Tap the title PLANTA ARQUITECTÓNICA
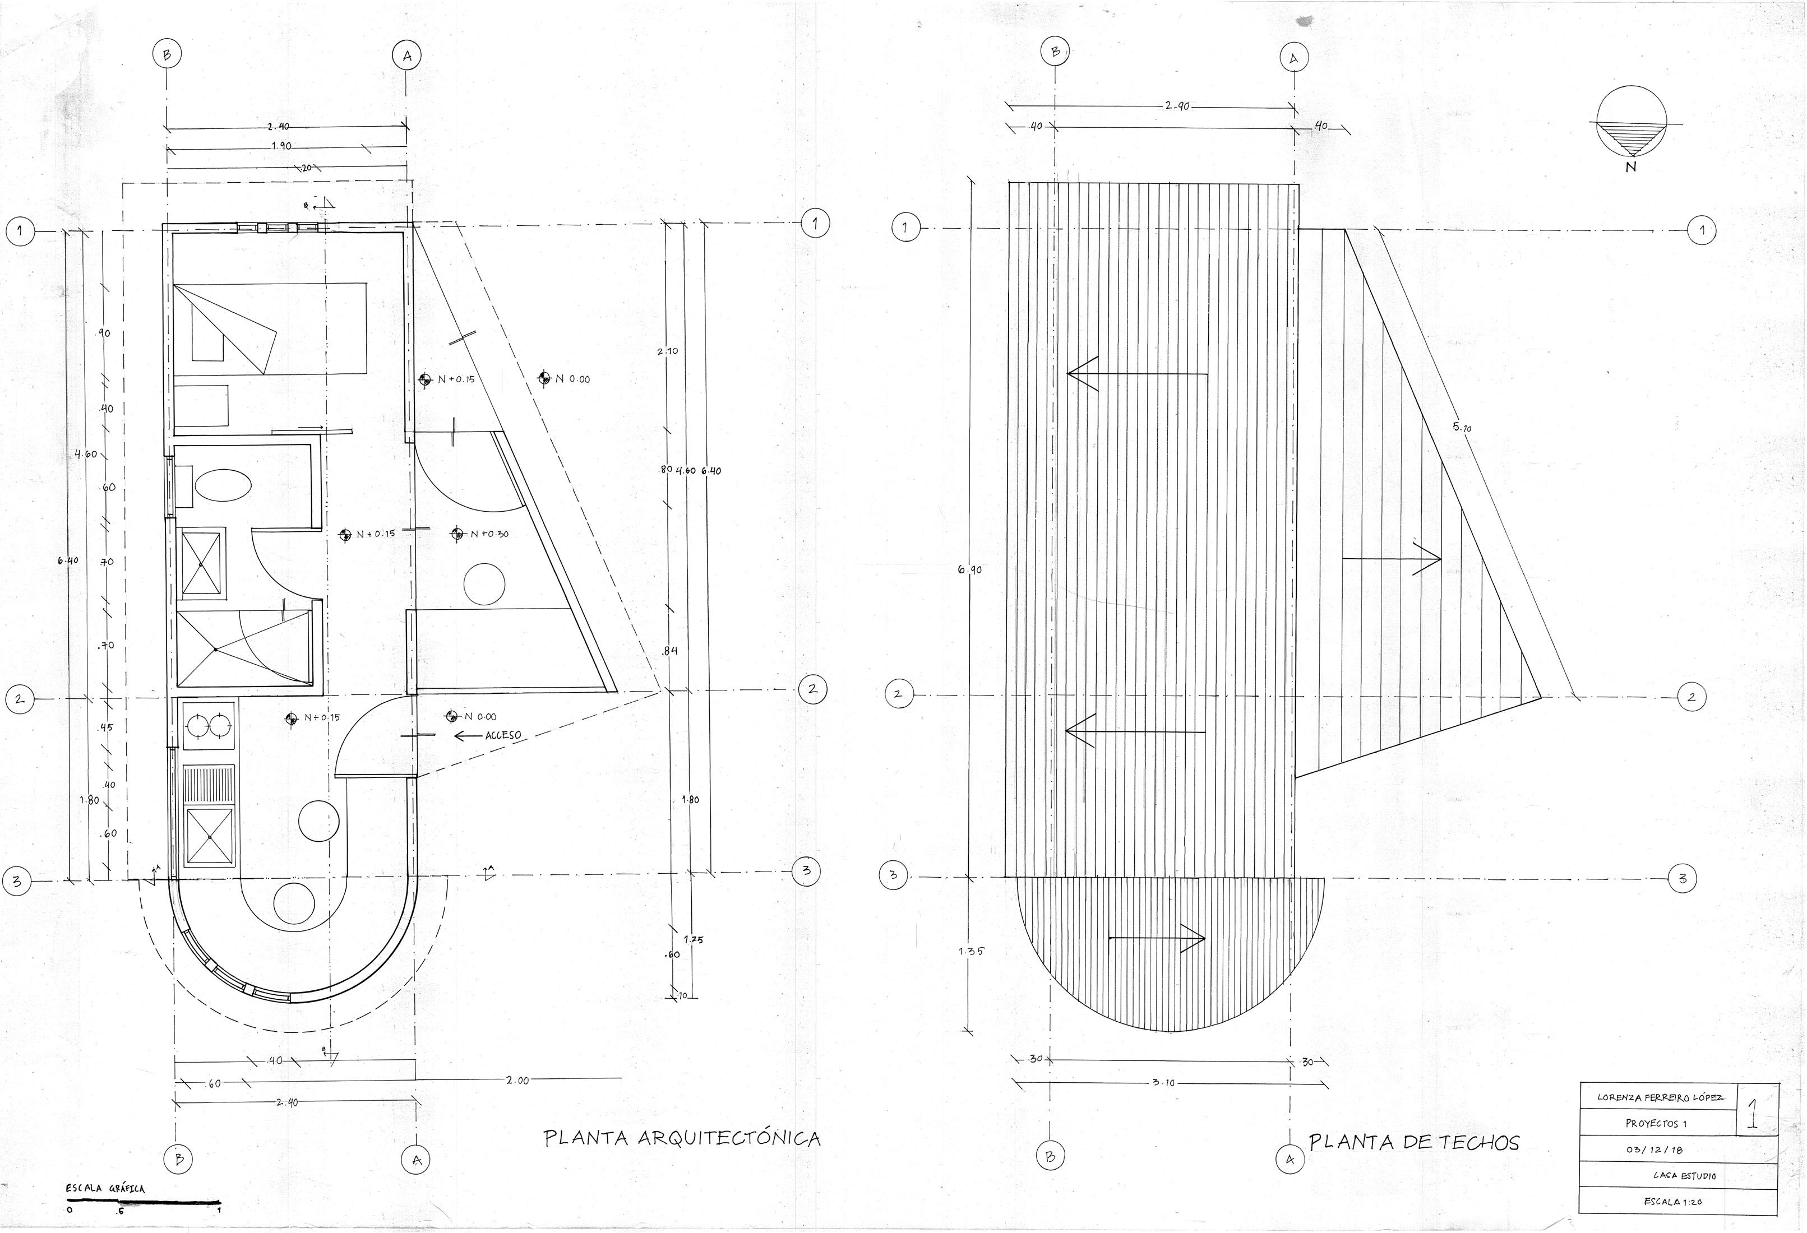click(681, 1138)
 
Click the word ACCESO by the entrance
click(502, 735)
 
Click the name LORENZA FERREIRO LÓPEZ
click(1660, 1097)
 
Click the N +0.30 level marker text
click(490, 534)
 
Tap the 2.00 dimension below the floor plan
click(517, 1080)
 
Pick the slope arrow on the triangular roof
click(1392, 558)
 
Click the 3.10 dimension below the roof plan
click(1163, 1083)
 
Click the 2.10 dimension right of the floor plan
click(667, 351)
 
